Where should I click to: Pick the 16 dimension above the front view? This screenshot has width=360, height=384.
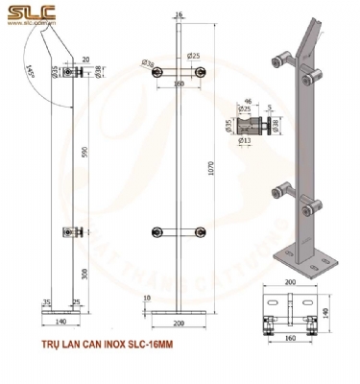pos(180,15)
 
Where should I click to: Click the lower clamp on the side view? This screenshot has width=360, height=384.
pos(70,230)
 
